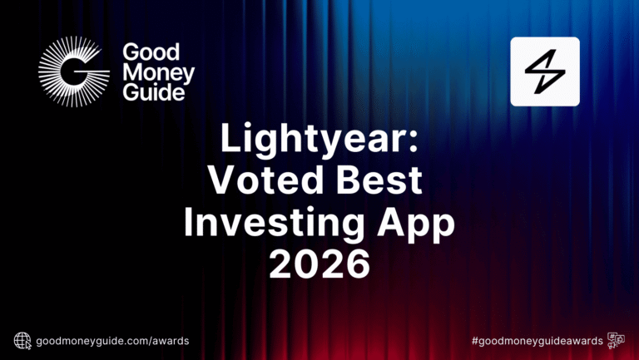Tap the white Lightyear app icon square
(544, 71)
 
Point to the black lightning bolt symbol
(544, 71)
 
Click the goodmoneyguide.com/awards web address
(112, 340)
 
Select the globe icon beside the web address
(22, 340)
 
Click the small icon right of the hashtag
(617, 340)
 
